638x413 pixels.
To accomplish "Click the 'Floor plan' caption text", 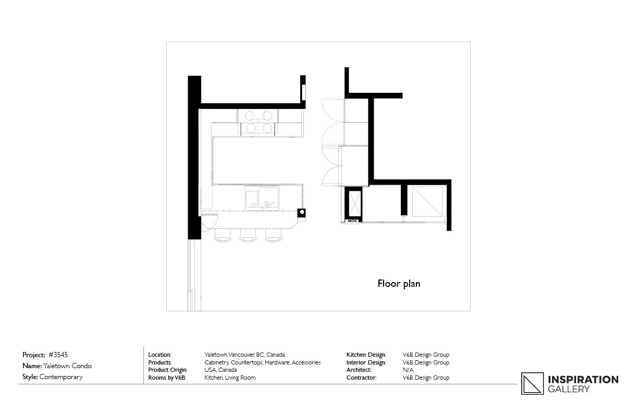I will click(x=399, y=284).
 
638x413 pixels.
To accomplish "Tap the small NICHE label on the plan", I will click(x=353, y=221).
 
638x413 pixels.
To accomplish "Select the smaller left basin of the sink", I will click(x=251, y=198).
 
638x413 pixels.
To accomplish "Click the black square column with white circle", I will click(x=302, y=213).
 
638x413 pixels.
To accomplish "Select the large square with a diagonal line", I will click(x=427, y=201).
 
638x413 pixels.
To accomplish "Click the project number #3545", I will click(x=58, y=355).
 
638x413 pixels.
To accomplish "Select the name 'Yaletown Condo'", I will click(x=67, y=366).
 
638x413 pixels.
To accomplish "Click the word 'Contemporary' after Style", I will click(x=61, y=377).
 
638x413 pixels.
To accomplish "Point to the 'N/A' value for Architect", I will click(x=408, y=370).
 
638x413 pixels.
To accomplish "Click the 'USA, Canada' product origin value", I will click(x=220, y=370).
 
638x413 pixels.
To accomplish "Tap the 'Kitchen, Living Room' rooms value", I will click(x=230, y=378).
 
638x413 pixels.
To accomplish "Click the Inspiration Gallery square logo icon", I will click(x=532, y=383).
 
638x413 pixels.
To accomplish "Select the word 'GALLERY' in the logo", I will click(x=568, y=389).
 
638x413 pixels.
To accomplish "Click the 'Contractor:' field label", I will click(x=361, y=378).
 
